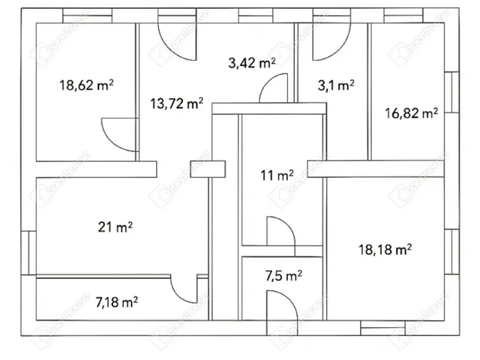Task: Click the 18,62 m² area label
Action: click(x=86, y=85)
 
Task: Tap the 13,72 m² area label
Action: click(x=177, y=103)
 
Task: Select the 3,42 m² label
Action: click(x=252, y=63)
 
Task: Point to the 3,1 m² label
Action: click(x=336, y=85)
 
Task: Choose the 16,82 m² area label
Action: click(x=411, y=113)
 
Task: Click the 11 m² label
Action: click(x=277, y=175)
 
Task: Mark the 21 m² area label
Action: click(x=115, y=227)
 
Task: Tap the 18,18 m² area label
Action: click(x=385, y=250)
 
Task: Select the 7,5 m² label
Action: click(x=283, y=276)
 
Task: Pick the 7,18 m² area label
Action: click(x=116, y=302)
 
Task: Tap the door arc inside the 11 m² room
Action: click(x=286, y=223)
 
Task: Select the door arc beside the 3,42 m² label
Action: click(x=269, y=81)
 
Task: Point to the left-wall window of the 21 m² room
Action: click(x=28, y=253)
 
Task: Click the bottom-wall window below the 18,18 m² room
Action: click(x=382, y=328)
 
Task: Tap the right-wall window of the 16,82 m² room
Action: click(x=451, y=92)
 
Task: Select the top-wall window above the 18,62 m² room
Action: click(x=87, y=16)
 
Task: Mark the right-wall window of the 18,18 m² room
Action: click(x=451, y=252)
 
